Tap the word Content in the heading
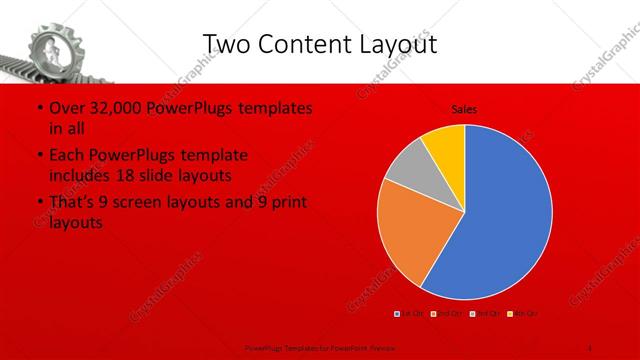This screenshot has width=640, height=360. click(x=305, y=44)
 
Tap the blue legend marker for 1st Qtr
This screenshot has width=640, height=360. click(x=397, y=314)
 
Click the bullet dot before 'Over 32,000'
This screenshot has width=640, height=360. click(x=38, y=107)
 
